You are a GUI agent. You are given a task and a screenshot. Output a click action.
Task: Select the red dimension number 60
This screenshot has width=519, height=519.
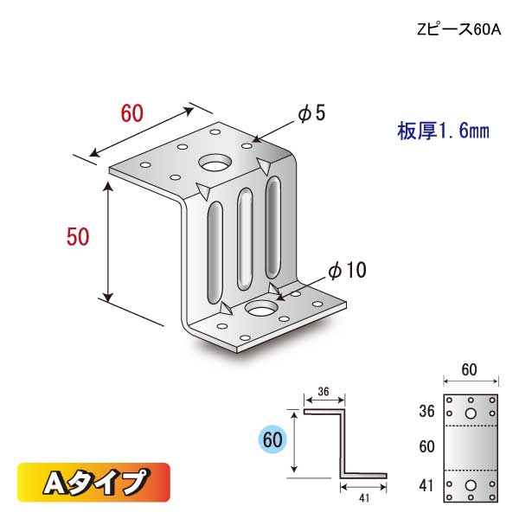(x=131, y=114)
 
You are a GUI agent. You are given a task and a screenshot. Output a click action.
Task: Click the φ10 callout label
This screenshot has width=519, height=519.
(x=348, y=271)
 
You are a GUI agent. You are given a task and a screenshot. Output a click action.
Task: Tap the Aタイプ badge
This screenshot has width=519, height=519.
(x=93, y=482)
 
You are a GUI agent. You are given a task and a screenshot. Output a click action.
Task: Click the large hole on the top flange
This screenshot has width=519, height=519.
(x=215, y=163)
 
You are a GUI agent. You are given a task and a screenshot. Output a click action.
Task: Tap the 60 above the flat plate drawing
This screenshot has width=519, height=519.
(x=471, y=372)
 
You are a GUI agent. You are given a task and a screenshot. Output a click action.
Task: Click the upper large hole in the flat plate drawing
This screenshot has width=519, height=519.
(x=471, y=413)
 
